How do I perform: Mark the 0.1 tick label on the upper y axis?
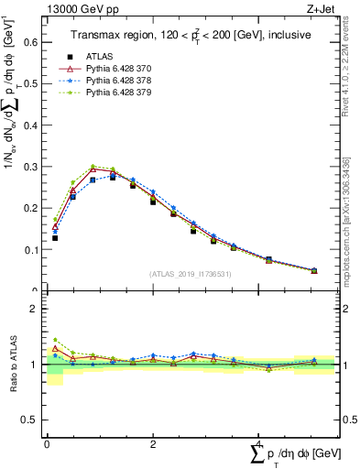(x=31, y=249)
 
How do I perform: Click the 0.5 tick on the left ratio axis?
(x=31, y=420)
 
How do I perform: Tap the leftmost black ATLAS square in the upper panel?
(x=55, y=238)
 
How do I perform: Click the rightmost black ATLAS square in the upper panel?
(x=314, y=270)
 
